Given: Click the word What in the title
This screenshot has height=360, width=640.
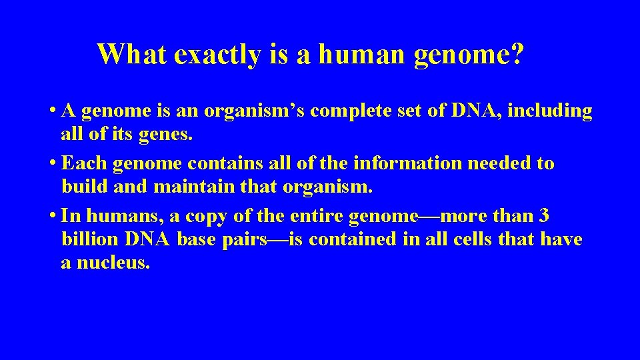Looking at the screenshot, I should pyautogui.click(x=131, y=54).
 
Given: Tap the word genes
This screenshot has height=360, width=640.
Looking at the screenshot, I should pyautogui.click(x=166, y=135).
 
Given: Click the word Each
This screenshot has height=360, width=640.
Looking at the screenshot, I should pyautogui.click(x=85, y=163).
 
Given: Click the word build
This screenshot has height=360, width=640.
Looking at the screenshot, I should pyautogui.click(x=85, y=187).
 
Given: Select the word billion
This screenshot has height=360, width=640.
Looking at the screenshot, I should pyautogui.click(x=89, y=239).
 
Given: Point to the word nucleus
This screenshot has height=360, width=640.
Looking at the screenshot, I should pyautogui.click(x=113, y=263).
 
